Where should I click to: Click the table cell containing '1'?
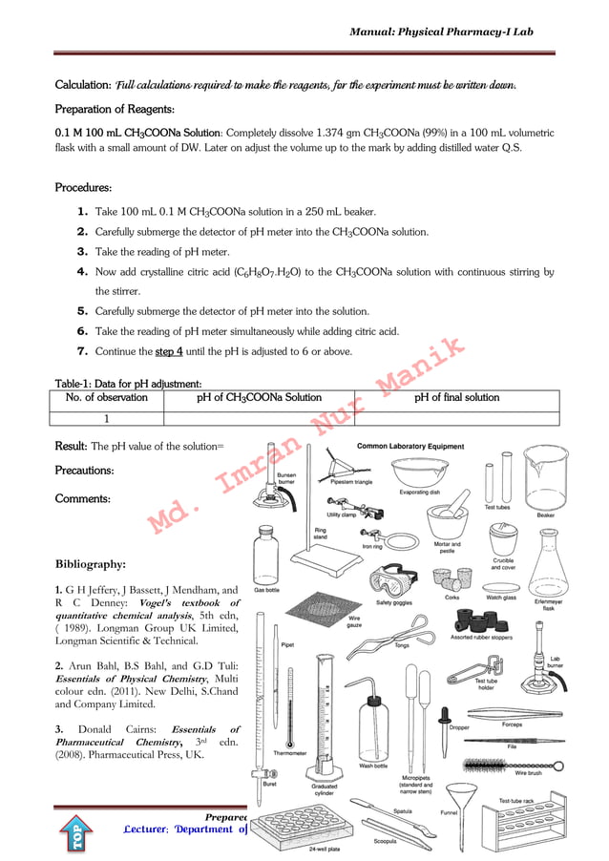(x=106, y=418)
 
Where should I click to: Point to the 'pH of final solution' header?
(x=456, y=398)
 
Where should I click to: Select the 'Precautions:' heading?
(x=85, y=471)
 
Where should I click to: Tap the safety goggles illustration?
(x=393, y=581)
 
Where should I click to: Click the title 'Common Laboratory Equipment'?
(x=410, y=446)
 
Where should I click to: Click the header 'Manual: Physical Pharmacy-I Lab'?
(x=441, y=31)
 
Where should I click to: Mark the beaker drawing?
(x=546, y=482)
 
